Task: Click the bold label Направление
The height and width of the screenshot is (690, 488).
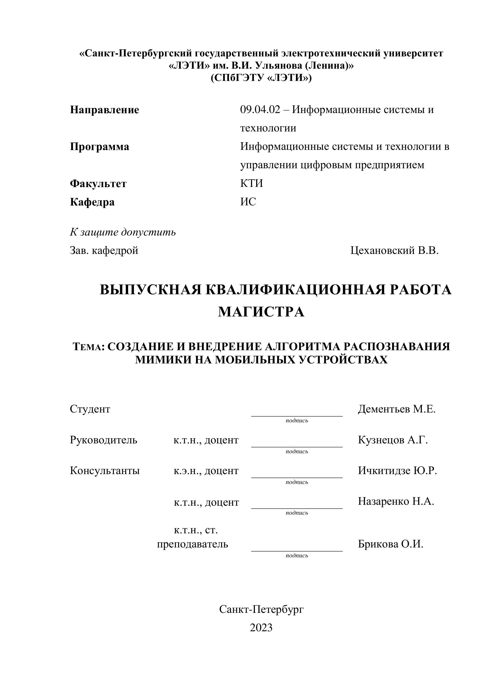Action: (104, 110)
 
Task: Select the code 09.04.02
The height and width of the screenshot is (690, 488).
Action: (260, 110)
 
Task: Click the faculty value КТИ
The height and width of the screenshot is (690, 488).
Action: (252, 183)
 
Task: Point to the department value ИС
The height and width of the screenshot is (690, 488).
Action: (248, 202)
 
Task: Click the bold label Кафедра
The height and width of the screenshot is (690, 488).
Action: (92, 202)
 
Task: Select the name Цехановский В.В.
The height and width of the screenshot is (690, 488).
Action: (394, 250)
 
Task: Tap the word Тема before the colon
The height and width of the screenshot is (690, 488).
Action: (88, 347)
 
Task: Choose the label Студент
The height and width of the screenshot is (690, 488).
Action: (90, 409)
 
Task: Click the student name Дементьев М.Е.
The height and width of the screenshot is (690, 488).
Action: (396, 409)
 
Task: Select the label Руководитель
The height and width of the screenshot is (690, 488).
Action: (103, 440)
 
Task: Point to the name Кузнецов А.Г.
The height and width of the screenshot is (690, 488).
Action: (392, 440)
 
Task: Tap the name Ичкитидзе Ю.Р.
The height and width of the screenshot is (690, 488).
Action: (397, 471)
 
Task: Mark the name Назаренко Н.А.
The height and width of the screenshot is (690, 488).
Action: (396, 501)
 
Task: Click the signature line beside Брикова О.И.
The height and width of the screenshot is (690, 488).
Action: (297, 551)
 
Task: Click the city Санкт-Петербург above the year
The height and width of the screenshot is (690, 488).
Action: (261, 609)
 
